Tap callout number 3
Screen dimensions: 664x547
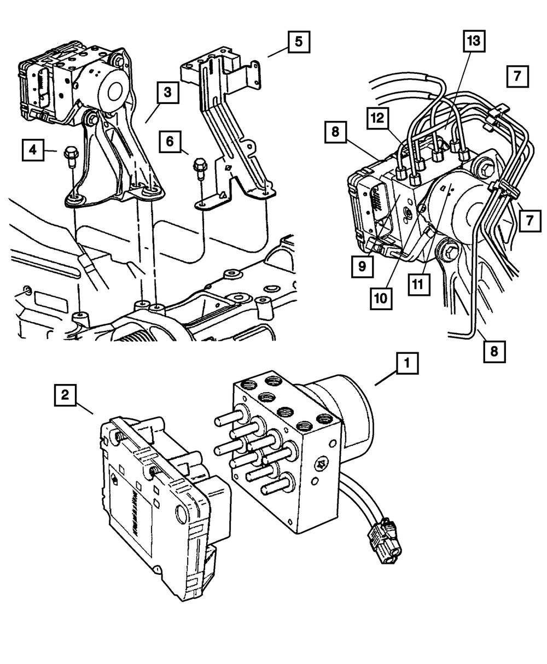pos(167,93)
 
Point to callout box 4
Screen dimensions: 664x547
pos(34,149)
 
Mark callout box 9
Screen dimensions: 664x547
pos(362,266)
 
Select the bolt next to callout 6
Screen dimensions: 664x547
pos(200,165)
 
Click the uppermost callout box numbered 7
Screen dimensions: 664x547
pos(517,77)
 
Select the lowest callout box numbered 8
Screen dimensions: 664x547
pos(494,352)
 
